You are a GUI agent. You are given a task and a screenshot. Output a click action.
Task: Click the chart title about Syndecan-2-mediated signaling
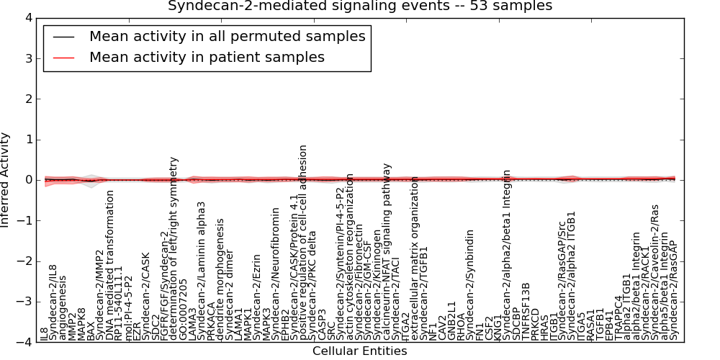click(x=360, y=6)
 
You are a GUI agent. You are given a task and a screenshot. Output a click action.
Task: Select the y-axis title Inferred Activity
click(x=6, y=180)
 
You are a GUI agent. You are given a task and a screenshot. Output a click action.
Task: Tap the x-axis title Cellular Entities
click(x=359, y=351)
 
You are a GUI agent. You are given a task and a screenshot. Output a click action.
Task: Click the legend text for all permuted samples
click(x=227, y=37)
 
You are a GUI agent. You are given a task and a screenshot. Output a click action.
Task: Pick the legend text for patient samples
click(x=207, y=58)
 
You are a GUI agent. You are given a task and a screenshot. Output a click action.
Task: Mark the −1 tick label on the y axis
click(x=24, y=221)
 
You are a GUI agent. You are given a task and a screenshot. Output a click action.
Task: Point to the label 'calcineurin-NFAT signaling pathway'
click(x=387, y=251)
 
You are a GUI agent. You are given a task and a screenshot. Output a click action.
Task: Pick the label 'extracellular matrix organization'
click(x=415, y=257)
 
